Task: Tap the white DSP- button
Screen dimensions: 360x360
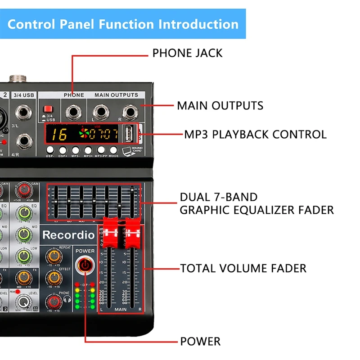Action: click(50, 150)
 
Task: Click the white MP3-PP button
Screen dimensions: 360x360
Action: click(101, 150)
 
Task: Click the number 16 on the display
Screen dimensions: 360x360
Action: click(58, 134)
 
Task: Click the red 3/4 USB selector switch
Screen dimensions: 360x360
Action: click(46, 109)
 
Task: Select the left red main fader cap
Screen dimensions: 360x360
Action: click(111, 233)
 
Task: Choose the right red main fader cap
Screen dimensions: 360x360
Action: click(132, 233)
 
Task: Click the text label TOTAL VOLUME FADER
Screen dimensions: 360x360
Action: click(243, 269)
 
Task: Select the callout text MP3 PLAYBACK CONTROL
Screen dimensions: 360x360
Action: click(255, 134)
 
